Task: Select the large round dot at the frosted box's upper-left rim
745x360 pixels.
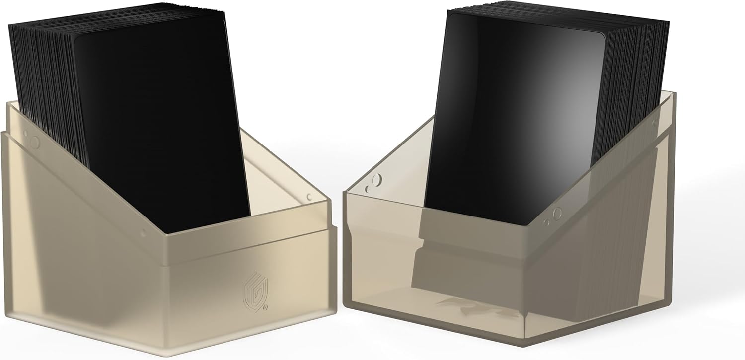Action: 34,143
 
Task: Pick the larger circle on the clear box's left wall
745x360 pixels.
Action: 377,180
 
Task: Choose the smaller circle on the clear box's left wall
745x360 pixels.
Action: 368,189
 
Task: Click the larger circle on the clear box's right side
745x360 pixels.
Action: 557,214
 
